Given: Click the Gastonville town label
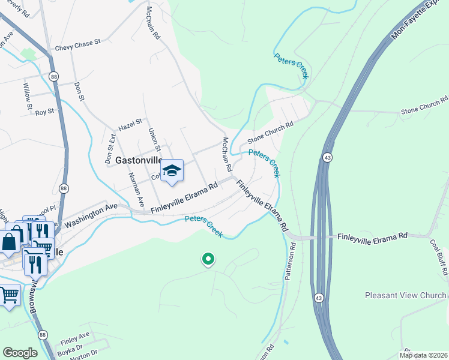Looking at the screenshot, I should pos(138,160).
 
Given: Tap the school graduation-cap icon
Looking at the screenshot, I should pos(172,171).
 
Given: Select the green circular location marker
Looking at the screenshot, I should pos(208,259).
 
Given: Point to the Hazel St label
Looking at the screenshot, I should pos(130,124).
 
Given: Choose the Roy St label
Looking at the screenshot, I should pos(45,112).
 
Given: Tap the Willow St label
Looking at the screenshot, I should pos(27,96).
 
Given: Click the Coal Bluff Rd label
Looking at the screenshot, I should pos(439,257).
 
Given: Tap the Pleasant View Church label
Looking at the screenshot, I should pos(406,295).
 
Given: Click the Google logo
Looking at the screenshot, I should pos(20,353).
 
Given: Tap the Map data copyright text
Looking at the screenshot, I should pos(423,355).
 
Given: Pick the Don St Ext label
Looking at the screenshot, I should pos(110,149).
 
